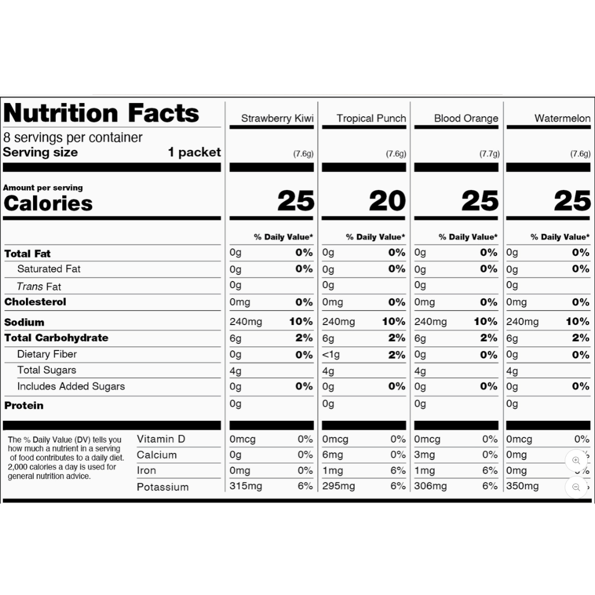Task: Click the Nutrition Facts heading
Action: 101,113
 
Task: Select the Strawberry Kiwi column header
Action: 277,118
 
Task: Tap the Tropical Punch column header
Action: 371,118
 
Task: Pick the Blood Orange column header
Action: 466,118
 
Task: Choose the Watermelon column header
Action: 562,118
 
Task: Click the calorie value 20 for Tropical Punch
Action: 387,201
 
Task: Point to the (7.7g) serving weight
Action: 490,154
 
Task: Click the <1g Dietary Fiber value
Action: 331,355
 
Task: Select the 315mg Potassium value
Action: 246,486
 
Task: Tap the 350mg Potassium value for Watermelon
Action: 522,486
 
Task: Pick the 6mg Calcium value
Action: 332,455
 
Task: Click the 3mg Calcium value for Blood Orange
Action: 424,455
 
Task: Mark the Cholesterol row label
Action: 35,302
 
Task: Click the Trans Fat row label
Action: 39,286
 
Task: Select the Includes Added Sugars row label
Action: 71,386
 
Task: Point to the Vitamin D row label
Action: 161,439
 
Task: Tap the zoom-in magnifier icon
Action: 576,461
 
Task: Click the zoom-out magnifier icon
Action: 576,487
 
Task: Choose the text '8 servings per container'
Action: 73,137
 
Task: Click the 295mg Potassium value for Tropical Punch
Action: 338,486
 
